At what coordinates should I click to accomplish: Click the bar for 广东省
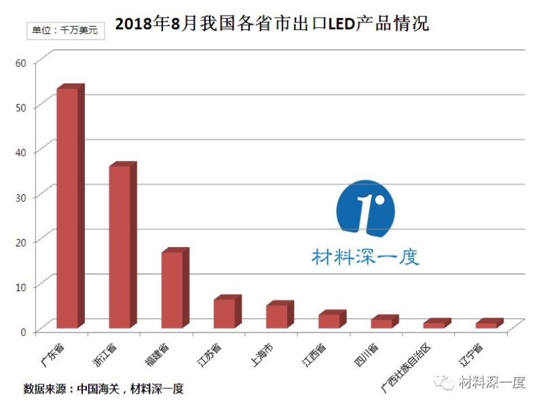67,208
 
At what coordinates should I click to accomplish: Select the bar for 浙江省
119,246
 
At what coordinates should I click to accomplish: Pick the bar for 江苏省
224,313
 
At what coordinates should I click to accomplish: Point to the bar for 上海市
276,316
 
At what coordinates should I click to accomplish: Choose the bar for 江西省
329,320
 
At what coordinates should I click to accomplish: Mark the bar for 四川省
381,323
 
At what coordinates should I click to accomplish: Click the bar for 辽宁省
486,325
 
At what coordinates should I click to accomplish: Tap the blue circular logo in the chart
365,209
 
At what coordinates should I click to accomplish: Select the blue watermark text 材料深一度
365,257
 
